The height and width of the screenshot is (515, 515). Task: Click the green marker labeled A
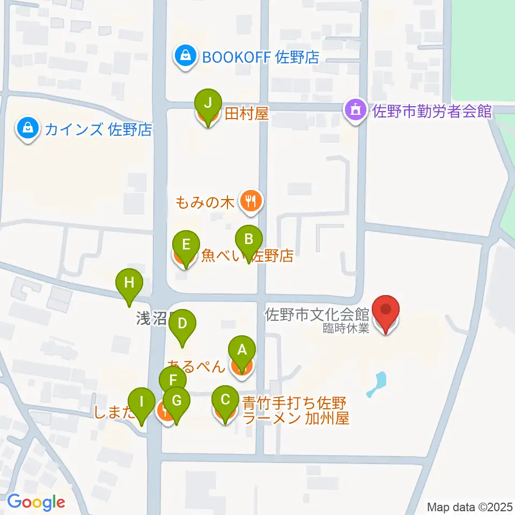pos(241,351)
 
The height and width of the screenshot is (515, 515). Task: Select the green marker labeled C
pos(225,400)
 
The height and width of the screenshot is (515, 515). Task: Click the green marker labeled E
pos(186,245)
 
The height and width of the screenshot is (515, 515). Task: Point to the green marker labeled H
pos(129,283)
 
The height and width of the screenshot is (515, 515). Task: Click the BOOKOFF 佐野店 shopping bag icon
pos(185,55)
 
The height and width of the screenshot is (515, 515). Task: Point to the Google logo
pos(36,503)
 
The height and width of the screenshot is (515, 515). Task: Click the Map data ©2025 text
pos(470,506)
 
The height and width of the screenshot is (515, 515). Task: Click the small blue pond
pos(378,384)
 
